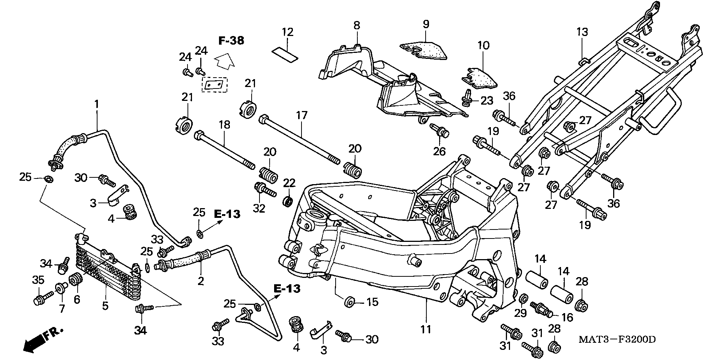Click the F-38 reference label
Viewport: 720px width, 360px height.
pos(231,40)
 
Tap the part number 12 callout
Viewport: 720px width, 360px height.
pos(288,32)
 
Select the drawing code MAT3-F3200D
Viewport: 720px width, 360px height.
pos(617,339)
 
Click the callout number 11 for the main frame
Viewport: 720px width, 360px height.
pos(426,330)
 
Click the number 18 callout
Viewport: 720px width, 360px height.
pos(224,125)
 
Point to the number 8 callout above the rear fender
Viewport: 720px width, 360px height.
pos(356,25)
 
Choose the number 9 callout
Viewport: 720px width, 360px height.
pos(426,24)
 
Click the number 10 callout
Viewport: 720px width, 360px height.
pos(483,46)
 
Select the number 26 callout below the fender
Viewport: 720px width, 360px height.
pos(439,151)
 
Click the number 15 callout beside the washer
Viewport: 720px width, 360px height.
pos(372,302)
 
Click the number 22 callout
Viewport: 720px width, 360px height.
pos(289,183)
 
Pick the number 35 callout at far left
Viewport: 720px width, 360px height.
pos(39,280)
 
